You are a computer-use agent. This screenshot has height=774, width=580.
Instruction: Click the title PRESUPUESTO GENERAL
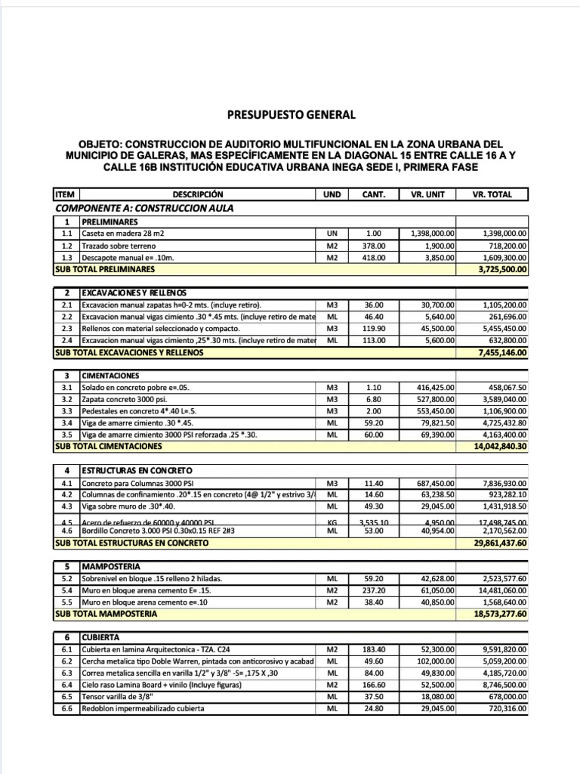pos(290,116)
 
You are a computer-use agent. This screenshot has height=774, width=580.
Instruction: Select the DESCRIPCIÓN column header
pos(198,194)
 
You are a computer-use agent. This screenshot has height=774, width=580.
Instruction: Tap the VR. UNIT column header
pos(427,194)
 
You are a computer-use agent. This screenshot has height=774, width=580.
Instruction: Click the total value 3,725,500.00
pos(502,268)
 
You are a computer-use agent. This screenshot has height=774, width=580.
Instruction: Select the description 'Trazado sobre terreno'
pos(119,246)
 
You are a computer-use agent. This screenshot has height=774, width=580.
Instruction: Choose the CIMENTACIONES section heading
pos(110,376)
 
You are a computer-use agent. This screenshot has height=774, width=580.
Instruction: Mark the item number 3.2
pos(66,399)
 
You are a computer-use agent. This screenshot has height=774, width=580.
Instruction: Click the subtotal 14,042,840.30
pos(500,447)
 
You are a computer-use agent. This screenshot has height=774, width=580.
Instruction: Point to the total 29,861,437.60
pos(500,543)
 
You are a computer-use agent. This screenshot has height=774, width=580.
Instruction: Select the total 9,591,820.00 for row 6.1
pos(504,649)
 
